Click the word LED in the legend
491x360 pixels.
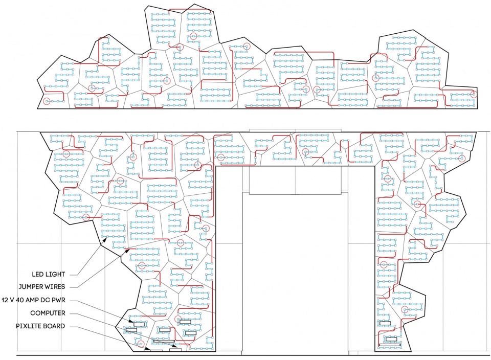(x=37, y=275)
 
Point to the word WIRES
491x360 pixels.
(x=55, y=287)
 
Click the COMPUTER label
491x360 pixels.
(x=48, y=313)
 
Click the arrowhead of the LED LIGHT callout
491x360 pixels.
(x=106, y=239)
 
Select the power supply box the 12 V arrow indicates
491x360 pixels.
(x=139, y=324)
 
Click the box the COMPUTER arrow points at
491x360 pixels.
(x=175, y=350)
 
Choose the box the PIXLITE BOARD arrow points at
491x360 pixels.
(x=157, y=351)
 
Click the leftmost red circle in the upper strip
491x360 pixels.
(x=47, y=101)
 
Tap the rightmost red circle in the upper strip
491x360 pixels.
(x=474, y=94)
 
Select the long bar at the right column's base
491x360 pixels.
(x=390, y=345)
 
